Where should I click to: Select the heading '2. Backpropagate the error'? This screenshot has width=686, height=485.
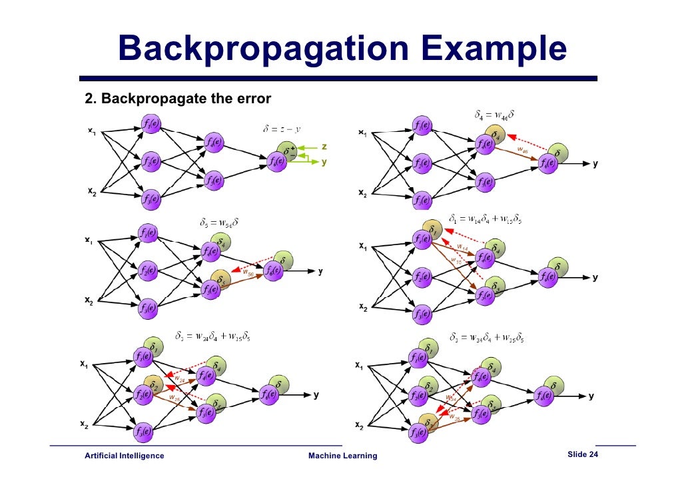(x=178, y=99)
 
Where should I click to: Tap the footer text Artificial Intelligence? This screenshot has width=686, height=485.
(x=124, y=456)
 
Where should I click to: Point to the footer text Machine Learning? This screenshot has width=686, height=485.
(x=343, y=456)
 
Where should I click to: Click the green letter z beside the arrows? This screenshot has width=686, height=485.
(x=324, y=146)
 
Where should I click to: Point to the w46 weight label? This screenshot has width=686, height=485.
(x=523, y=151)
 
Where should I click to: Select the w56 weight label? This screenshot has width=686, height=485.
(x=247, y=272)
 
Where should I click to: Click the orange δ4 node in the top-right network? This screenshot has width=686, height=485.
(x=495, y=135)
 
